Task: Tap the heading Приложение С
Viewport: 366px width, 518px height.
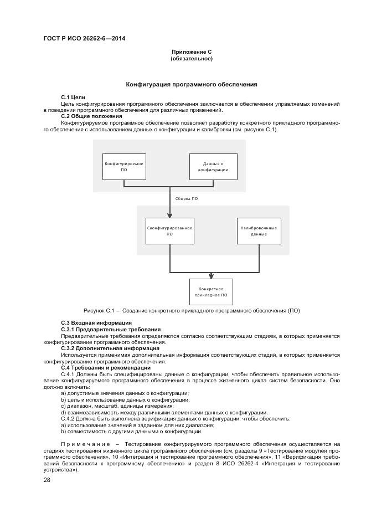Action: pos(192,52)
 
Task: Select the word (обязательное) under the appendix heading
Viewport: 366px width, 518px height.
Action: pos(192,58)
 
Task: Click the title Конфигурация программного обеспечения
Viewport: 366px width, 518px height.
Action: pos(192,85)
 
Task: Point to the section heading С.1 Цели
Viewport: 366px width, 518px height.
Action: pos(73,98)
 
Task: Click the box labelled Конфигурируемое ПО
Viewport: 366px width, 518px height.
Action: pos(124,167)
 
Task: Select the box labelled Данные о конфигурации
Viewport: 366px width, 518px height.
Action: pos(213,167)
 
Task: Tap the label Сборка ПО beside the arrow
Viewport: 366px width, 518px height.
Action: pos(187,198)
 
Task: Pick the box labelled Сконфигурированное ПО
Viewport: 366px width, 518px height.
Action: pos(170,230)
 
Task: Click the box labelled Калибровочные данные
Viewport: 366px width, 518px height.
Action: pos(259,230)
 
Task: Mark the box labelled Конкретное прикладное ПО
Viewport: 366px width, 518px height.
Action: pos(211,292)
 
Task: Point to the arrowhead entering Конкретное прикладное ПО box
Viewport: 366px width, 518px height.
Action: pos(211,276)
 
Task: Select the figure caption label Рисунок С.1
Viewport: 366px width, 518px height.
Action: pos(98,310)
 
